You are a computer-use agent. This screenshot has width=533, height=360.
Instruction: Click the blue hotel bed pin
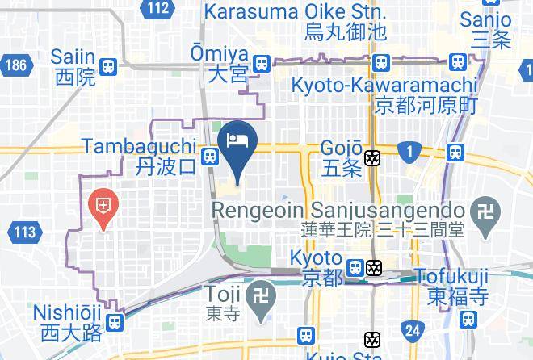[238, 140]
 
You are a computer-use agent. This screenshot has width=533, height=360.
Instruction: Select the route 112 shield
[158, 9]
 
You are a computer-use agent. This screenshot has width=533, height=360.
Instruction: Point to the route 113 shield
[25, 233]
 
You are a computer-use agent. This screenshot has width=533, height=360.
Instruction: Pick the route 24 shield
[413, 329]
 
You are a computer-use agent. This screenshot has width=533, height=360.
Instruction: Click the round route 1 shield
[410, 150]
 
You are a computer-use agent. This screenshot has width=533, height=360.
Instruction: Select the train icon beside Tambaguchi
[210, 157]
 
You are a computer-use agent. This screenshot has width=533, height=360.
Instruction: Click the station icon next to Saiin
[107, 67]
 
